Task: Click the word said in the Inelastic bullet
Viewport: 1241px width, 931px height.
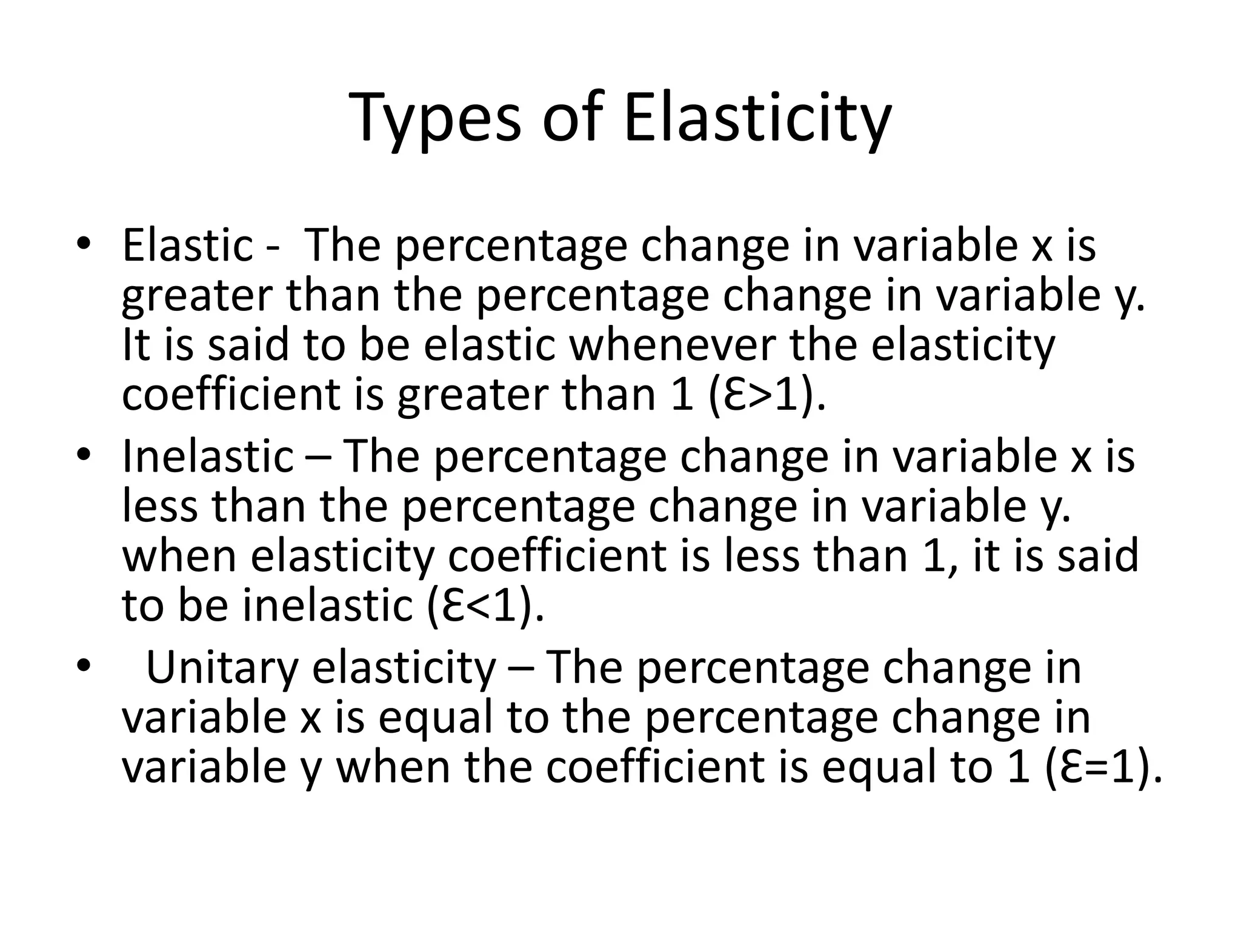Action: tap(1098, 555)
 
